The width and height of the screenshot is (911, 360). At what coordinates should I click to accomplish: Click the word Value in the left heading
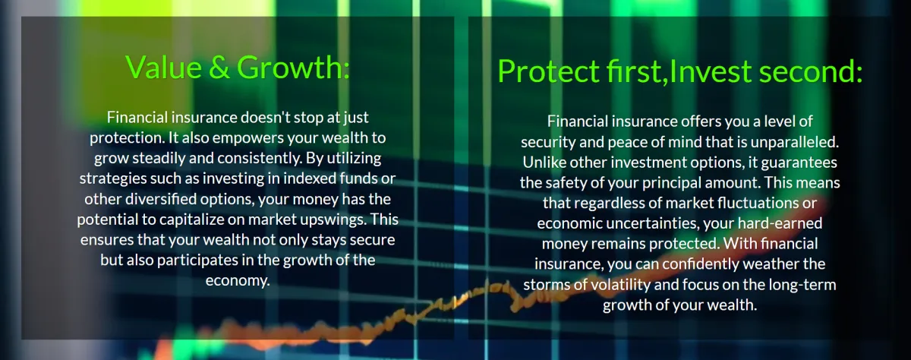pos(163,67)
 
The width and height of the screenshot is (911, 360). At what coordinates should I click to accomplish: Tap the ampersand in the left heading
pos(219,68)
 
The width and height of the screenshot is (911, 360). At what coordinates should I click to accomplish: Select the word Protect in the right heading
pos(548,71)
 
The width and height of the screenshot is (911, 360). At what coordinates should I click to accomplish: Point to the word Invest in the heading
pos(711,71)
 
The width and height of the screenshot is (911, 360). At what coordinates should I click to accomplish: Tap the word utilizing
pos(355,158)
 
